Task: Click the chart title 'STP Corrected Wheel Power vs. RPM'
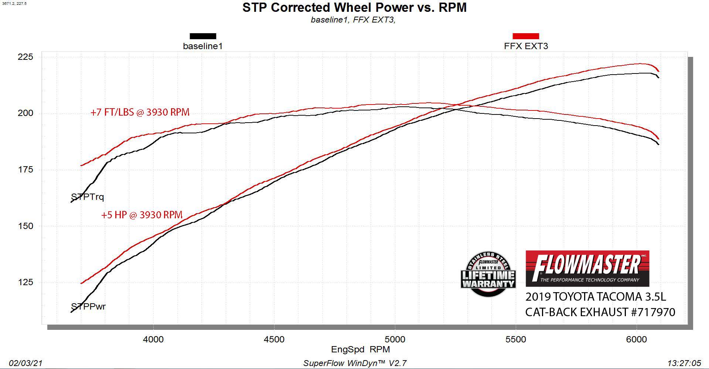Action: click(x=354, y=7)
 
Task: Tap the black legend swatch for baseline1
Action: click(x=203, y=36)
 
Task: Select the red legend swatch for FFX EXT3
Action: click(x=526, y=36)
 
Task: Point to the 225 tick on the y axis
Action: click(x=25, y=57)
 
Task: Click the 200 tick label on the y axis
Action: click(x=25, y=113)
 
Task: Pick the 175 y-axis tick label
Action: click(x=25, y=170)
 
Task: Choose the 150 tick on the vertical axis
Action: click(x=25, y=226)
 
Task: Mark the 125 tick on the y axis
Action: click(x=25, y=283)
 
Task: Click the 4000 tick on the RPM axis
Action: click(x=153, y=339)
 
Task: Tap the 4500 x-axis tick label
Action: click(x=274, y=339)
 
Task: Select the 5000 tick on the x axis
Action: click(x=395, y=339)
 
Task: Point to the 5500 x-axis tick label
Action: click(x=516, y=339)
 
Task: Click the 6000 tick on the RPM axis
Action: click(x=637, y=339)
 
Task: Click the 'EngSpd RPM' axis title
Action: click(x=360, y=349)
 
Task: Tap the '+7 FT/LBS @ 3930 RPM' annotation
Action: click(x=140, y=112)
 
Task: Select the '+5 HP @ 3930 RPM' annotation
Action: click(x=142, y=215)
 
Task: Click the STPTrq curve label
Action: click(x=88, y=197)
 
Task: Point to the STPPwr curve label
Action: click(x=88, y=307)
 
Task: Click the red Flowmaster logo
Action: click(x=587, y=269)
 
